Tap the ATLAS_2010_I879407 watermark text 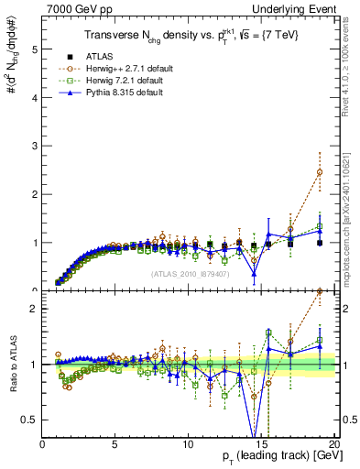click(x=189, y=273)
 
